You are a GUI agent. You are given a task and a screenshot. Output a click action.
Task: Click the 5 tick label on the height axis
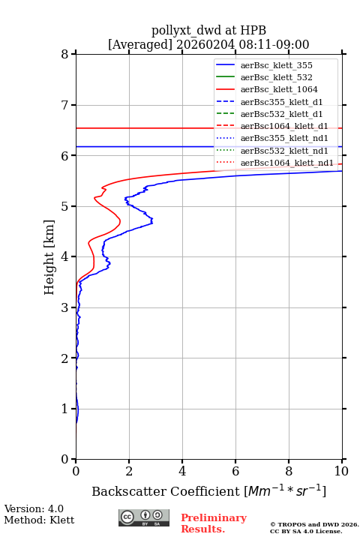65,206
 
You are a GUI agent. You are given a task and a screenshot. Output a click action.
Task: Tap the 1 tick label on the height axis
65,409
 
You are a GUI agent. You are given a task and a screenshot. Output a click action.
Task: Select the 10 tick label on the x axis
341,471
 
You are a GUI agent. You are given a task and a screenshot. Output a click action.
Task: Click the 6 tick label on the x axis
235,471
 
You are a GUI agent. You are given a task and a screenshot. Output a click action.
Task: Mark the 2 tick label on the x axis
129,471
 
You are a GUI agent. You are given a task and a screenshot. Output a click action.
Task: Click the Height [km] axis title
49,257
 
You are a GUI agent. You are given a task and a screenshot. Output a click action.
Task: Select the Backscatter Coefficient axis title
208,490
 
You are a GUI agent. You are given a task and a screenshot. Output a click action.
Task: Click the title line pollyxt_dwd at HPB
208,30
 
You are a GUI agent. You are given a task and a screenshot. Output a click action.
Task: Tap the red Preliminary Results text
214,523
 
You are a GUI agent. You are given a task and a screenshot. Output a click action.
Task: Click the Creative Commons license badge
144,517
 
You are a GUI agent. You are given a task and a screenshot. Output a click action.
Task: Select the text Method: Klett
39,520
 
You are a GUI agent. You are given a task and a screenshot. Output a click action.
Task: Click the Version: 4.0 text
34,508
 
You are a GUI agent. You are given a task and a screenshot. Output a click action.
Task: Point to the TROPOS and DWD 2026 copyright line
314,525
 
